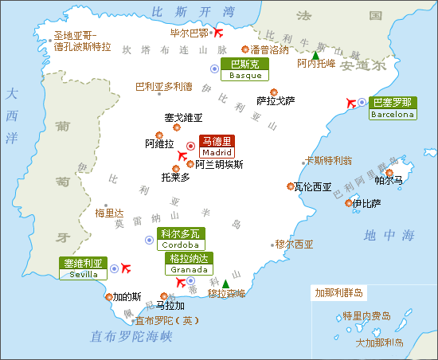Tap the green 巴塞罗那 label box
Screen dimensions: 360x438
pyautogui.click(x=393, y=108)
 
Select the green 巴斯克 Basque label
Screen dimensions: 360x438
pyautogui.click(x=244, y=69)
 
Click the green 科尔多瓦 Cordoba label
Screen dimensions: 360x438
pyautogui.click(x=180, y=239)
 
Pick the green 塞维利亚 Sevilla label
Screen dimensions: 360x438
pyautogui.click(x=84, y=268)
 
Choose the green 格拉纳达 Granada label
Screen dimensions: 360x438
pyautogui.click(x=189, y=264)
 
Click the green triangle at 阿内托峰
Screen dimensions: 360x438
pyautogui.click(x=315, y=56)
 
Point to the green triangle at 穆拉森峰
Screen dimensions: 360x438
pyautogui.click(x=225, y=284)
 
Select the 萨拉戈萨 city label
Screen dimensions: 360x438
pyautogui.click(x=276, y=101)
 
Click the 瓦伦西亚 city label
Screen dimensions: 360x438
pyautogui.click(x=312, y=187)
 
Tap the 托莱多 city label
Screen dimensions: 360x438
pyautogui.click(x=175, y=177)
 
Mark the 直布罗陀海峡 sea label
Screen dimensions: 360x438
pyautogui.click(x=131, y=336)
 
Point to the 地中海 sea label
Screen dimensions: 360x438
pyautogui.click(x=389, y=236)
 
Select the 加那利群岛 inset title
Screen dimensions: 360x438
pyautogui.click(x=338, y=292)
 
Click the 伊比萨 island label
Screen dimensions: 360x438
pyautogui.click(x=366, y=203)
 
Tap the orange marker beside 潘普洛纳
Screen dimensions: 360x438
pyautogui.click(x=245, y=49)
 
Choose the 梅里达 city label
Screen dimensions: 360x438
pyautogui.click(x=110, y=213)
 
